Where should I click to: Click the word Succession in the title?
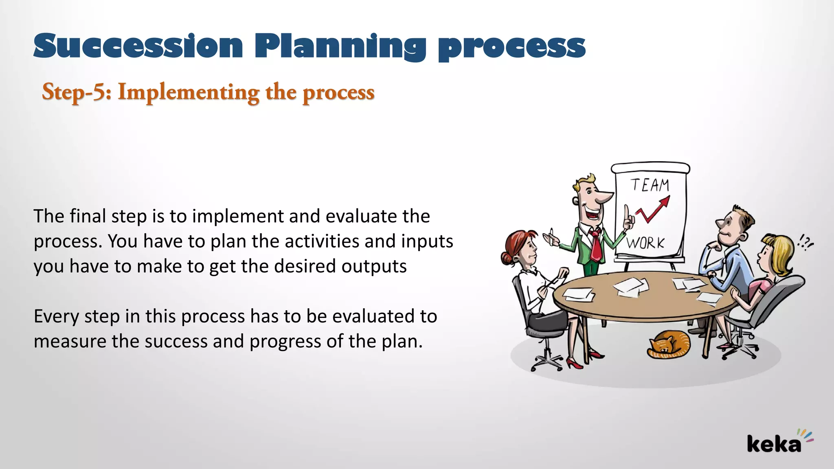click(138, 46)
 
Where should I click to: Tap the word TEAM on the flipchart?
click(650, 185)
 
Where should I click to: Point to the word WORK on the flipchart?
click(645, 243)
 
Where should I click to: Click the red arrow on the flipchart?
click(654, 209)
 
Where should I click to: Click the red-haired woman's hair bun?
click(506, 258)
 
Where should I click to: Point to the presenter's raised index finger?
click(626, 211)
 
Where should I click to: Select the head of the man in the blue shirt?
click(733, 226)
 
